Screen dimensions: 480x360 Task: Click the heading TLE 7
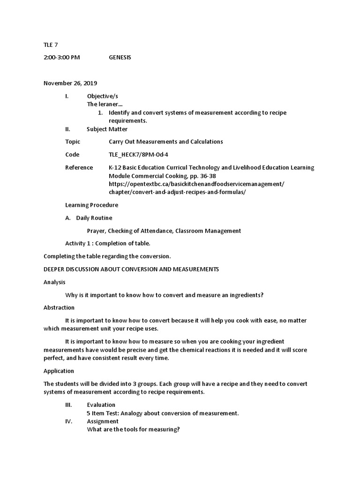pyautogui.click(x=51, y=45)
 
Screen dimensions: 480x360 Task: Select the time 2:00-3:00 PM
pyautogui.click(x=62, y=57)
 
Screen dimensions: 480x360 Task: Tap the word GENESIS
pyautogui.click(x=120, y=57)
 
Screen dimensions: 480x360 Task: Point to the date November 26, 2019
pyautogui.click(x=70, y=83)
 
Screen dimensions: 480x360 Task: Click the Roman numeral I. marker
pyautogui.click(x=67, y=96)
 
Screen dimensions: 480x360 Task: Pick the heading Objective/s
pyautogui.click(x=103, y=96)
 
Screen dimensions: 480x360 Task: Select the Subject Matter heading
pyautogui.click(x=107, y=129)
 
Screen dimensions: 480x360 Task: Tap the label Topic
pyautogui.click(x=73, y=142)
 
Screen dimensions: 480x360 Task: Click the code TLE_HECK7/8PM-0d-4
pyautogui.click(x=138, y=155)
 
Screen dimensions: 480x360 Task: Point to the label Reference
pyautogui.click(x=79, y=167)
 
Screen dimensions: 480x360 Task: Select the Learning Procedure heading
pyautogui.click(x=91, y=205)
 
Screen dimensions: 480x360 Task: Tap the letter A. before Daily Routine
pyautogui.click(x=68, y=217)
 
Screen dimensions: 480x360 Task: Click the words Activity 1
pyautogui.click(x=78, y=243)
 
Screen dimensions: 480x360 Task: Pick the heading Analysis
pyautogui.click(x=54, y=282)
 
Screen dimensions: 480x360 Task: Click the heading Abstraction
pyautogui.click(x=59, y=307)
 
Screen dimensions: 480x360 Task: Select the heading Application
pyautogui.click(x=59, y=371)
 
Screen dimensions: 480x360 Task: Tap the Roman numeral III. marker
pyautogui.click(x=68, y=405)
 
